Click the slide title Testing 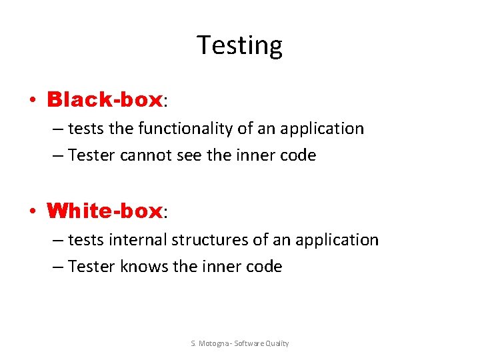point(240,45)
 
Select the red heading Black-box point(105,100)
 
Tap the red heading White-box point(105,211)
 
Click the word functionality point(168,128)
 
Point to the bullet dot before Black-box point(32,101)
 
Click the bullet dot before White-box point(32,212)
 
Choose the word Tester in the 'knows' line point(92,267)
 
